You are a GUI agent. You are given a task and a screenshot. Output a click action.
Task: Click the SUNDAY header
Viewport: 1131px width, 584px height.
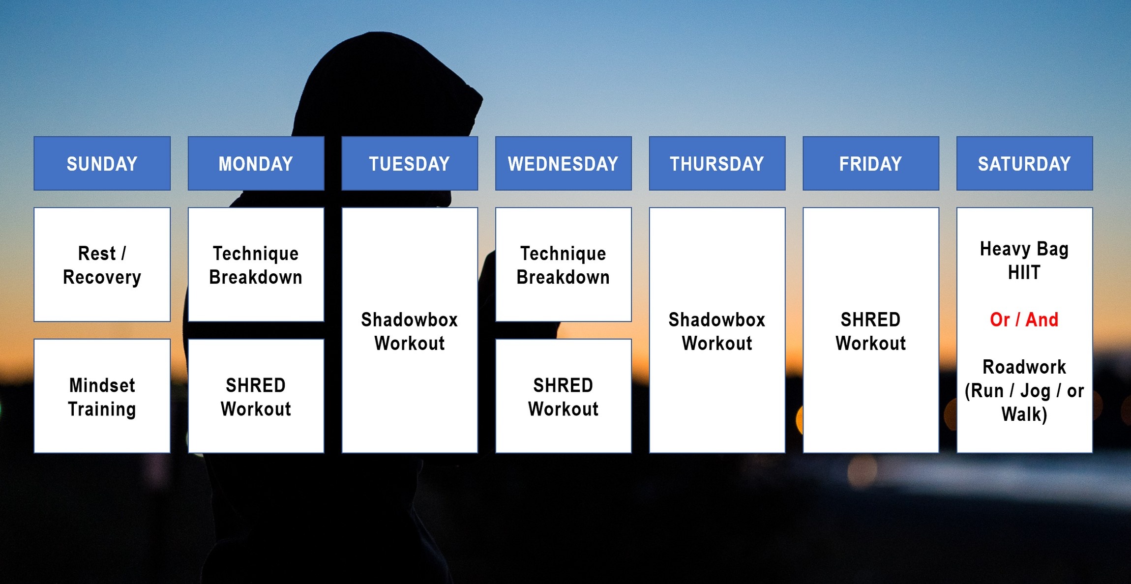coord(102,163)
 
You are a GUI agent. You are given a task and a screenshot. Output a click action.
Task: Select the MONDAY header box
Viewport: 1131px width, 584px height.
coord(256,163)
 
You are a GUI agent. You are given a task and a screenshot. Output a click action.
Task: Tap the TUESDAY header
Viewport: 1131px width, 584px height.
coord(410,163)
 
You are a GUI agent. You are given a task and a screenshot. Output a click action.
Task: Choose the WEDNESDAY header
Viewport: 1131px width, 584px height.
coord(563,163)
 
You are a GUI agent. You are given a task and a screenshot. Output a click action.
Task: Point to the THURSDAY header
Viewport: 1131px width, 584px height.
coord(717,163)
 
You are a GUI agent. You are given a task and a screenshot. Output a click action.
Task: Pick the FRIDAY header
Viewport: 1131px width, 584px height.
coord(871,163)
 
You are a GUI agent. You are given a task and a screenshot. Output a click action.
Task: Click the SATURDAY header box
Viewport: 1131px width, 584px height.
coord(1024,163)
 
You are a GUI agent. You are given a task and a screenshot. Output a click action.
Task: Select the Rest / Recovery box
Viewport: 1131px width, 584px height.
coord(102,264)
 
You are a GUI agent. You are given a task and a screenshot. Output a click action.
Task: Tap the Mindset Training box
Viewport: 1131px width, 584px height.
coord(102,396)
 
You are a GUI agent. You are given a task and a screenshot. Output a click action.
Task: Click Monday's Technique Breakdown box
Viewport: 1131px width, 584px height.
coord(256,264)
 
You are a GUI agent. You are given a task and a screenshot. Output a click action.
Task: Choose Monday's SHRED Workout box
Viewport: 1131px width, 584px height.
coord(256,396)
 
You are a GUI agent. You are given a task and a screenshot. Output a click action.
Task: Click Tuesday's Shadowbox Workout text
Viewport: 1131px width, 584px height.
coord(410,331)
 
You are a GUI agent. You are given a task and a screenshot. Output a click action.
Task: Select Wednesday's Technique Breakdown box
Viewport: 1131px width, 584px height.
coord(563,264)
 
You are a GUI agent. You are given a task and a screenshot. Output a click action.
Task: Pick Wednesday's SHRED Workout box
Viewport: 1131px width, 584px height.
coord(563,396)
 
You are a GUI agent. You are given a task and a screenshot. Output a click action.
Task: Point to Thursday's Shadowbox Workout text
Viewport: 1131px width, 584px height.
coord(717,331)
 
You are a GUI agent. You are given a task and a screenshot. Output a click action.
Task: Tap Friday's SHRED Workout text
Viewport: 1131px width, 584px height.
coord(871,331)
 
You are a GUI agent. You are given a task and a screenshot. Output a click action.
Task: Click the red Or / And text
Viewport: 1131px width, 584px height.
coord(1024,320)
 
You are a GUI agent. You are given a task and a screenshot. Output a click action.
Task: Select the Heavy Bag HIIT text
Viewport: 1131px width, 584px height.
coord(1024,261)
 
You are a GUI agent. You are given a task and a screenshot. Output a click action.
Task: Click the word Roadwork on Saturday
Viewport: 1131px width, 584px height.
coord(1024,367)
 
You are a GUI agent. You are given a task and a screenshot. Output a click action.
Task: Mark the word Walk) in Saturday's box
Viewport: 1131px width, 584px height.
coord(1024,414)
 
